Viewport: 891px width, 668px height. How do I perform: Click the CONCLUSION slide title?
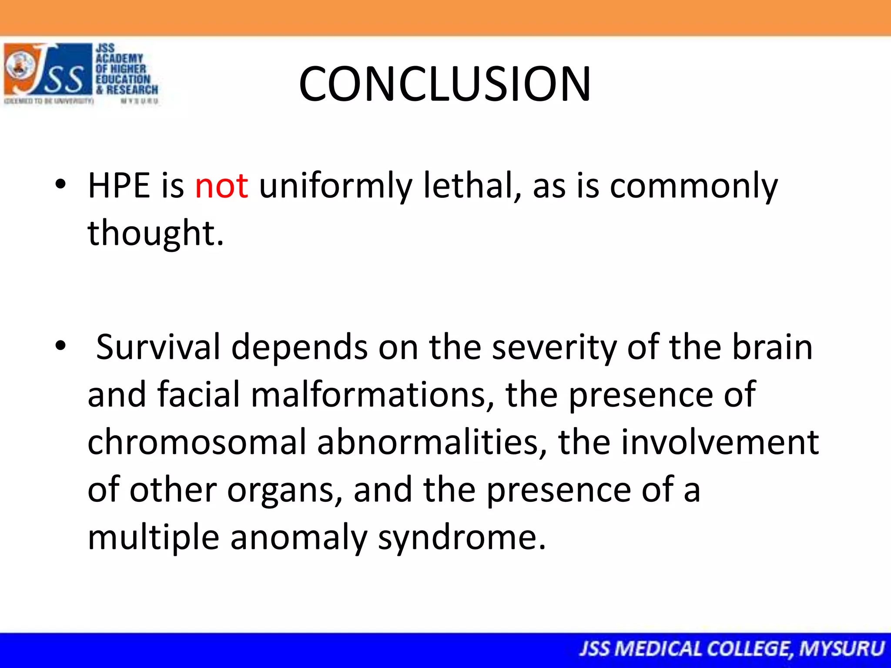click(x=445, y=84)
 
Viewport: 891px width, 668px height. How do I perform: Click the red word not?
click(x=221, y=186)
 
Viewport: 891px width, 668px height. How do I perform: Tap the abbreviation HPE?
click(x=118, y=186)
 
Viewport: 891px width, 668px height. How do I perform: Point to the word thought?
click(x=155, y=234)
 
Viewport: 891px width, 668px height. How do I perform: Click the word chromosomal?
click(x=197, y=442)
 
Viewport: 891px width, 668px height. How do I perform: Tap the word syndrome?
click(x=461, y=538)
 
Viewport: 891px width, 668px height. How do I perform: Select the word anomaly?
click(x=298, y=538)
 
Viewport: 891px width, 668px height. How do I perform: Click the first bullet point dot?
click(x=61, y=184)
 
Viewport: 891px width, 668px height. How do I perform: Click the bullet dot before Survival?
click(x=61, y=346)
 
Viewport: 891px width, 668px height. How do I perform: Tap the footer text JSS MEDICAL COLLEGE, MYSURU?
click(x=731, y=649)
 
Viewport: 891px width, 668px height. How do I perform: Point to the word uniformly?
click(x=335, y=186)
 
